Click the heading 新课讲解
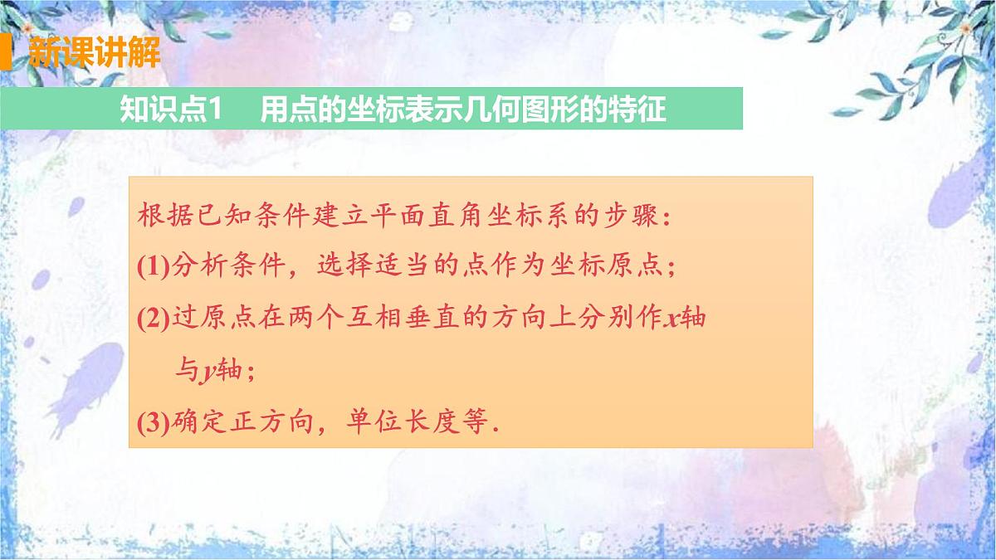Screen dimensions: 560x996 point(93,53)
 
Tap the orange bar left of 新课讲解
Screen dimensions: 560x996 point(5,53)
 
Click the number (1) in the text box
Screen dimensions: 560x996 point(153,266)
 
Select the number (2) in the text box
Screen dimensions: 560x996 point(153,319)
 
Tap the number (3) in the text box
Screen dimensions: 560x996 point(153,424)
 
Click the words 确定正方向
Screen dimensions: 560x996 point(240,424)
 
